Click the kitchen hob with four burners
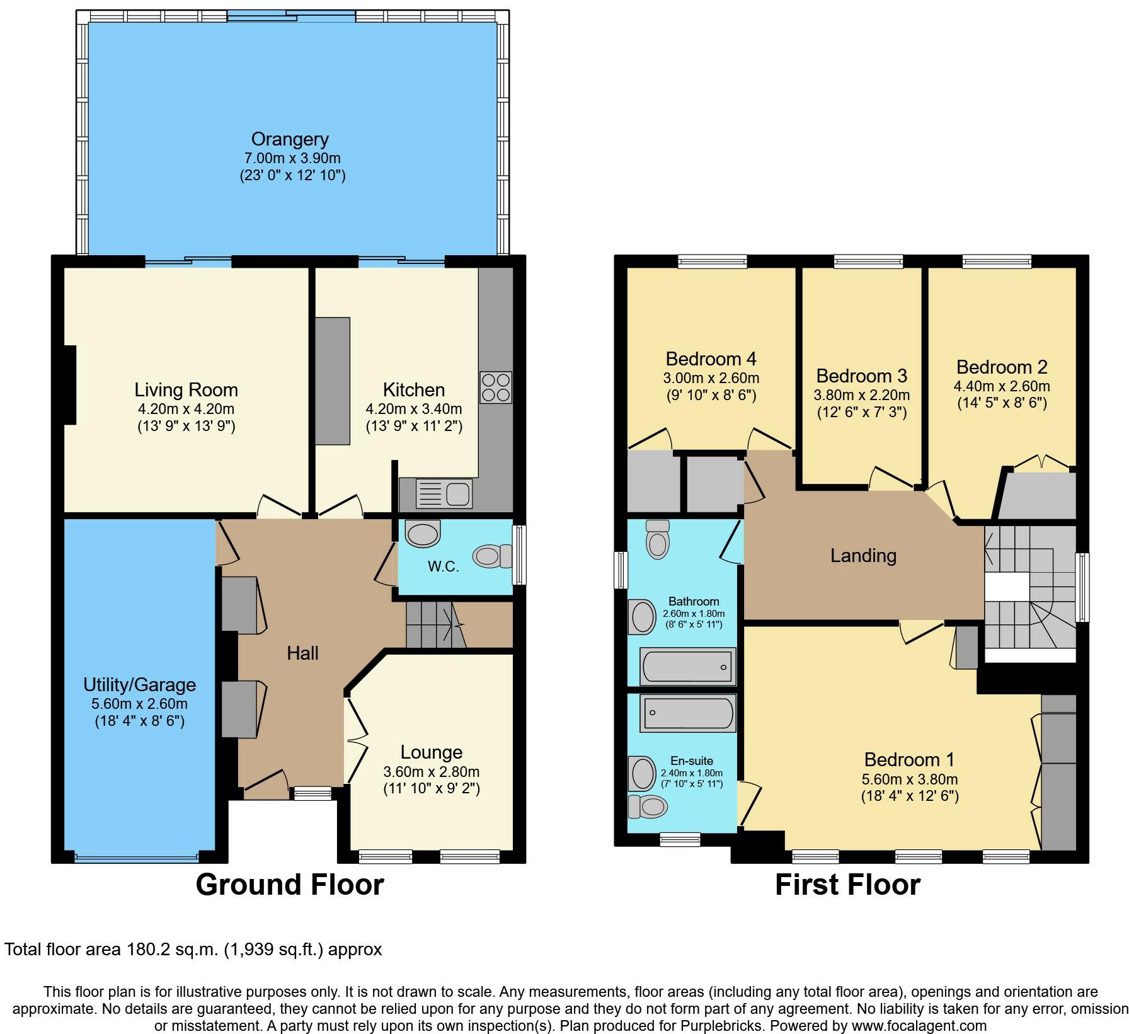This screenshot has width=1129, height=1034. pos(496,388)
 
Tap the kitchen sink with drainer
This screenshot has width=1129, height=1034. pos(444,493)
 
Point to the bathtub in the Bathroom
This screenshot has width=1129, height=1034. pos(688,666)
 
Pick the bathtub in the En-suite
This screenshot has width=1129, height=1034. pos(688,713)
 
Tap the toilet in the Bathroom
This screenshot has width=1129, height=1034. pos(658,539)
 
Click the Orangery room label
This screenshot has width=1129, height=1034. pos(290,139)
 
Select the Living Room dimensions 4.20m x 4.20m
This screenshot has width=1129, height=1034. pos(186,409)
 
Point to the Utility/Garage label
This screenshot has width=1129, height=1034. pos(140,684)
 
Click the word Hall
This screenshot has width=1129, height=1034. pos(302,653)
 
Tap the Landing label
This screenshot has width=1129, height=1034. pos(863,555)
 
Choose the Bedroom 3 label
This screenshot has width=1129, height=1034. pos(862,376)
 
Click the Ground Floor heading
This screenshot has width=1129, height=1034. pos(290,884)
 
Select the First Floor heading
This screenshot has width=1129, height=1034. pos(847,884)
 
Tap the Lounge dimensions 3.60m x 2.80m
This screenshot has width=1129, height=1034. pos(432,771)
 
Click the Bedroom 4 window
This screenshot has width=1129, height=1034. pos(713,261)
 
